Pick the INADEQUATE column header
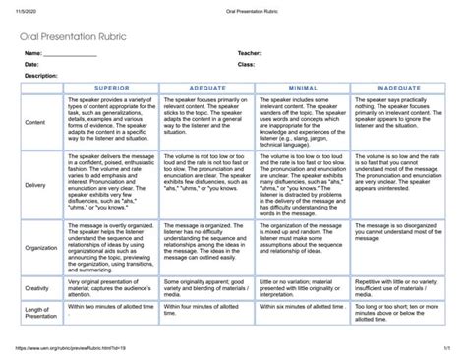[399, 87]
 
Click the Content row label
[34, 121]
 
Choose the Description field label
[41, 75]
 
